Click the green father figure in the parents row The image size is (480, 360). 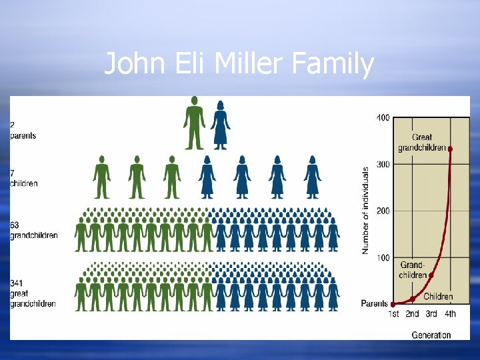[194, 123]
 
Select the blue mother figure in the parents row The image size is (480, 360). [220, 125]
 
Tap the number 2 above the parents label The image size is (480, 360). [12, 125]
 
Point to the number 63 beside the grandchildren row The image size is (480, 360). [15, 225]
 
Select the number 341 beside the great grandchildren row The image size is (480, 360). [17, 283]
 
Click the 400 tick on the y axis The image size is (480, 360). [383, 118]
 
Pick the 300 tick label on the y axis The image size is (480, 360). [383, 164]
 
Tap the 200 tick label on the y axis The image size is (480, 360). [383, 211]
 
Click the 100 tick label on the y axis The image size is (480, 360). [383, 257]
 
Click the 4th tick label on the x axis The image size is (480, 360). [451, 314]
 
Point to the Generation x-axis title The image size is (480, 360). [431, 334]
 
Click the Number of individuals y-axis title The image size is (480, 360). [365, 211]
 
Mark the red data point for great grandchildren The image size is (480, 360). [451, 149]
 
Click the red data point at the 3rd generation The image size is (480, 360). [431, 275]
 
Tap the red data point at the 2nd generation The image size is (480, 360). [412, 299]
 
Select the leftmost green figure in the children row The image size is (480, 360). [101, 177]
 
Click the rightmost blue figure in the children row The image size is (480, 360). [312, 177]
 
